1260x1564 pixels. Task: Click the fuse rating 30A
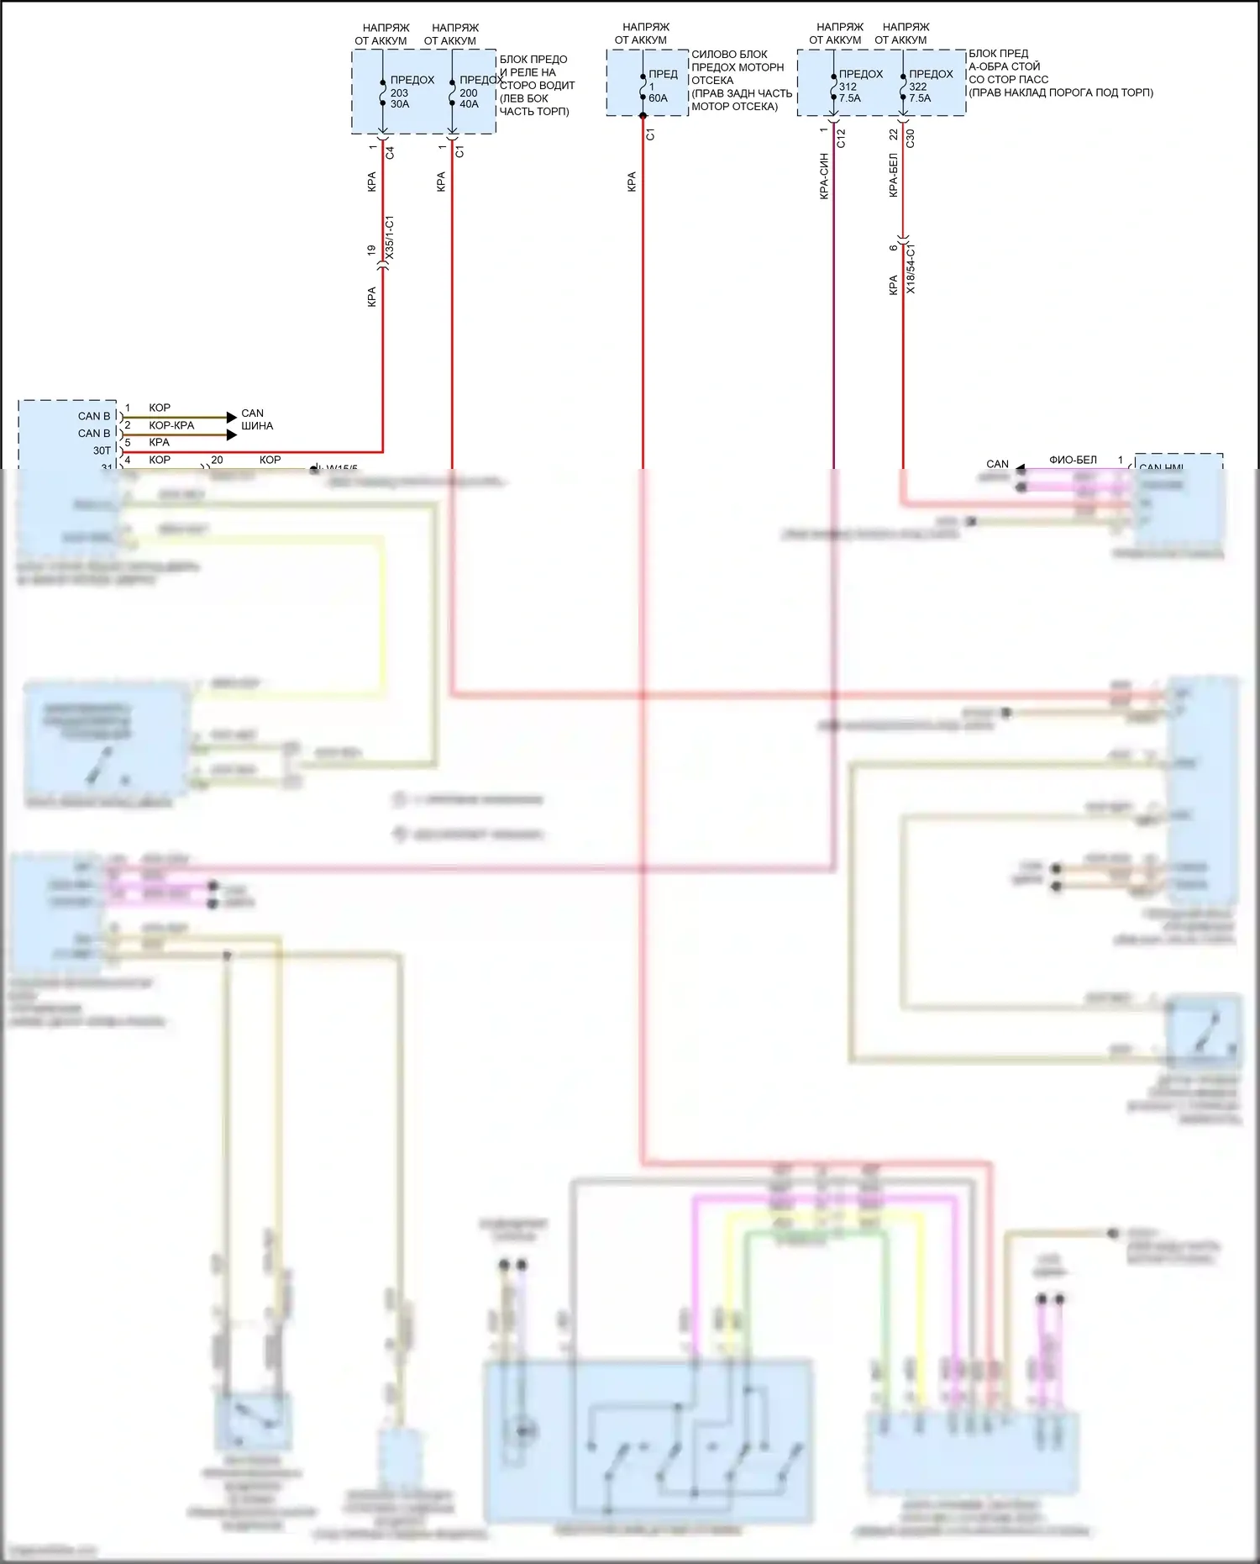click(x=400, y=104)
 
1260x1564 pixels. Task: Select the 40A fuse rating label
click(x=469, y=104)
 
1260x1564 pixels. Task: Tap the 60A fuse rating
click(x=658, y=98)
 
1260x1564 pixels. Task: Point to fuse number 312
click(x=848, y=87)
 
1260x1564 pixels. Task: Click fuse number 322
click(x=917, y=87)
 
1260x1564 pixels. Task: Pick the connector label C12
click(x=841, y=139)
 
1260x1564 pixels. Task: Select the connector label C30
click(x=910, y=139)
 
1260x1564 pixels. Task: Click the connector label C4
click(x=390, y=153)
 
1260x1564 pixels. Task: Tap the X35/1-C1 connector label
click(x=389, y=239)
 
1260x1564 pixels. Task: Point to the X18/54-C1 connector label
click(x=911, y=268)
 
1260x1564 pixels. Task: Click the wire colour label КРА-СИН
click(x=824, y=176)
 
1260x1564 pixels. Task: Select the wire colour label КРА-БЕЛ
click(x=893, y=176)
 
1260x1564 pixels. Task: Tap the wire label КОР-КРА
click(x=171, y=425)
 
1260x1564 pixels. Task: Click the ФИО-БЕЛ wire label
click(x=1073, y=460)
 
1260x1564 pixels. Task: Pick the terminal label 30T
click(x=102, y=450)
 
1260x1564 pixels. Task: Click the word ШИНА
click(x=257, y=426)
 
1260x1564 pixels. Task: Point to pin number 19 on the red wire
click(x=371, y=250)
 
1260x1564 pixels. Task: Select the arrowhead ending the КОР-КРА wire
click(x=233, y=434)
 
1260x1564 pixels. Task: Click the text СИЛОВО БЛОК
click(x=729, y=54)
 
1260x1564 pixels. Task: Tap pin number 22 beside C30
click(x=893, y=134)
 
